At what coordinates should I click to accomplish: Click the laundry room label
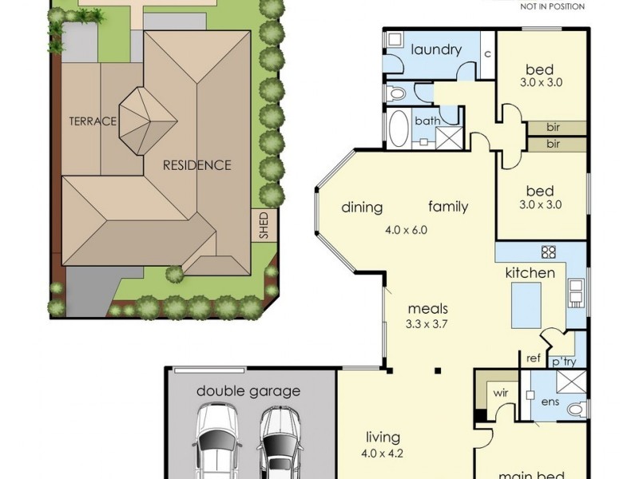point(436,50)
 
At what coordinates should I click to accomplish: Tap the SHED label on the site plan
point(264,225)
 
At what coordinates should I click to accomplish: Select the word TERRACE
point(93,121)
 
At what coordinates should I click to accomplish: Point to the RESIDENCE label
point(196,165)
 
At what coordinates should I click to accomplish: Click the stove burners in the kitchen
point(549,252)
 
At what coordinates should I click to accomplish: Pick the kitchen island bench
point(526,306)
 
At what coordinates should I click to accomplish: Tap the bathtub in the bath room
point(399,129)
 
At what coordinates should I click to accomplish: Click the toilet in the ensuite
point(577,409)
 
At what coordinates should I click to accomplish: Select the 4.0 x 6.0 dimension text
point(406,230)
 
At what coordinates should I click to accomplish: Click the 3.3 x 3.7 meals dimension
point(427,324)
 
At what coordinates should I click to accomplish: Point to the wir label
point(501,393)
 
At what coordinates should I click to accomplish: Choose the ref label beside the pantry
point(534,358)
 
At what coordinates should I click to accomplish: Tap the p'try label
point(564,362)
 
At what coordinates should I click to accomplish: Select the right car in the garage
point(280,442)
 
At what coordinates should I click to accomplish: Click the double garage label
point(248,391)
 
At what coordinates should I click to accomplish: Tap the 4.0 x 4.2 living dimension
point(382,453)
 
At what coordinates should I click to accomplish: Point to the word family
point(448,207)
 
